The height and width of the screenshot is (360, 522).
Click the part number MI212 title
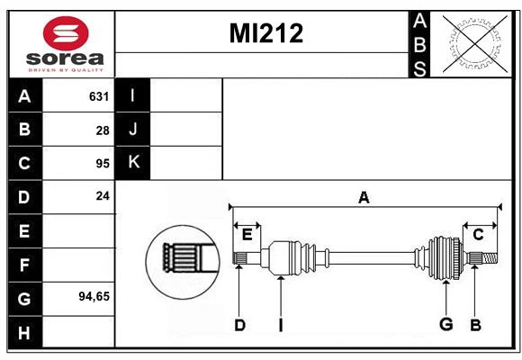click(266, 33)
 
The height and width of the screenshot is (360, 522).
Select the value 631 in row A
click(98, 96)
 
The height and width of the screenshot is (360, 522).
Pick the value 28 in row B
click(102, 130)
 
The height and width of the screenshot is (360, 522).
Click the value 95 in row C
click(102, 164)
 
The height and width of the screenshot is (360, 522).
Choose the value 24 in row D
click(102, 195)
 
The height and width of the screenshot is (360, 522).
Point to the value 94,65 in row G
click(94, 295)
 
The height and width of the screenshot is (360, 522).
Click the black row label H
click(24, 333)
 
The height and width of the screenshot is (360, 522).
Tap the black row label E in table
click(24, 231)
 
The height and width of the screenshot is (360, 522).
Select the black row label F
click(24, 265)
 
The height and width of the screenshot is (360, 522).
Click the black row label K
click(133, 163)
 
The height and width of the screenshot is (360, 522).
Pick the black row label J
click(133, 130)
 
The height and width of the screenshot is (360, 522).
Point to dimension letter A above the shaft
click(364, 198)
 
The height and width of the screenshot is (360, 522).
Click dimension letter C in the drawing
click(478, 234)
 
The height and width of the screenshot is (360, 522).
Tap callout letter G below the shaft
click(445, 324)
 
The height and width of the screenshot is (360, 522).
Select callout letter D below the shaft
click(239, 325)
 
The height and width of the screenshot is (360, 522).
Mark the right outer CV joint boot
click(444, 256)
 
